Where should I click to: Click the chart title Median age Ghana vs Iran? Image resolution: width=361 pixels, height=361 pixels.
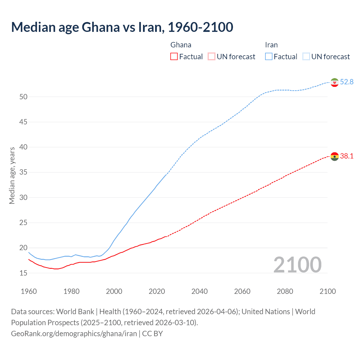(122, 27)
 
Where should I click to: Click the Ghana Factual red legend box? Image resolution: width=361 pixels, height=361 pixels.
(174, 56)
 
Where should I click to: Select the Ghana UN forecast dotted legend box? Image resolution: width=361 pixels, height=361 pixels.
(212, 56)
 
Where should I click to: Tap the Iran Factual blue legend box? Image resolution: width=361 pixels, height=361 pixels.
(269, 56)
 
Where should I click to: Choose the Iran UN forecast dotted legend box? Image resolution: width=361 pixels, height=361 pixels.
(306, 56)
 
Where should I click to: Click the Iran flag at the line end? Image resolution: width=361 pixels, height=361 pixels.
(334, 82)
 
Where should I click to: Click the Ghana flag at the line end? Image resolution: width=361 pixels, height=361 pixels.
(334, 156)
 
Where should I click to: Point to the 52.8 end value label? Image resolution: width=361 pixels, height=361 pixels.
(347, 82)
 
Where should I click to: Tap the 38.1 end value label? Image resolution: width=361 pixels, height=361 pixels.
(347, 156)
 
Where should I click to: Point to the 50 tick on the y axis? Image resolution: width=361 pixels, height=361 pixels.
(23, 97)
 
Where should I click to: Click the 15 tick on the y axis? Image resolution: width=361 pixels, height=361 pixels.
(23, 273)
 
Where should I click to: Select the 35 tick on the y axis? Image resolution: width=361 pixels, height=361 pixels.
(23, 172)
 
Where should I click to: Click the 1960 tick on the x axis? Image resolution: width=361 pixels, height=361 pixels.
(29, 291)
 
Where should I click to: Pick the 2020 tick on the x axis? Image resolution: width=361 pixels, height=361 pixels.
(157, 291)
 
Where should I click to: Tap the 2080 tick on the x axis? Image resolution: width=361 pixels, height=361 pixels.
(285, 291)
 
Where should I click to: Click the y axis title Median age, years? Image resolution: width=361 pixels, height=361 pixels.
(12, 175)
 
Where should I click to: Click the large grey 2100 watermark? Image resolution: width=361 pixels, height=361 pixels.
(298, 265)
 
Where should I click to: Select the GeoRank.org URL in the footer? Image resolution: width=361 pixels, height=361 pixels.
(74, 334)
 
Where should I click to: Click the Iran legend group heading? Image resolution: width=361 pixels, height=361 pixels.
(271, 45)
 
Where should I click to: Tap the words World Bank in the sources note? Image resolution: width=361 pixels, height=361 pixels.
(75, 312)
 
